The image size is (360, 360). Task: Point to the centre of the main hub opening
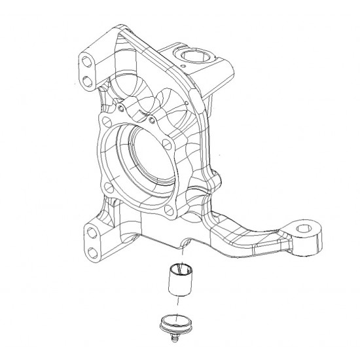(x=149, y=157)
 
